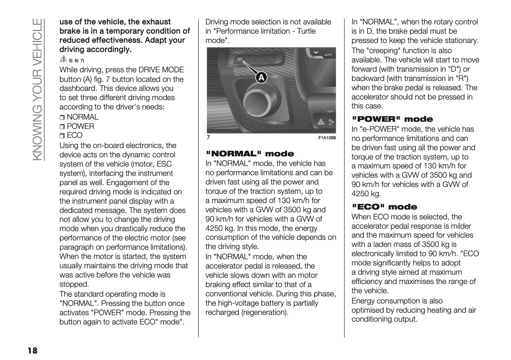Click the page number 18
pyautogui.click(x=32, y=351)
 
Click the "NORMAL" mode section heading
pyautogui.click(x=250, y=154)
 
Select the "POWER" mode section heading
pyautogui.click(x=392, y=119)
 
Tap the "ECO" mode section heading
pyautogui.click(x=384, y=207)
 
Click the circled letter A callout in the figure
pyautogui.click(x=261, y=78)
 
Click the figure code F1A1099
pyautogui.click(x=327, y=138)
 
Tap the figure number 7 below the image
pyautogui.click(x=208, y=138)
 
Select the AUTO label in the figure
pyautogui.click(x=328, y=55)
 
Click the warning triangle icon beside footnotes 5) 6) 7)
pyautogui.click(x=63, y=58)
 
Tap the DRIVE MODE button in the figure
pyautogui.click(x=240, y=59)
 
